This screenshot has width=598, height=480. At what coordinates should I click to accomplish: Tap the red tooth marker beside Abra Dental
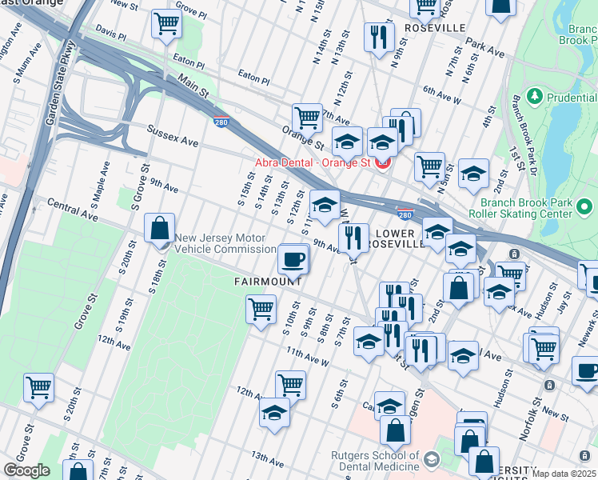tap(382, 162)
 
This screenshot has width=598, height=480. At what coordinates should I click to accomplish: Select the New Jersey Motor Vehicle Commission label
tap(225, 243)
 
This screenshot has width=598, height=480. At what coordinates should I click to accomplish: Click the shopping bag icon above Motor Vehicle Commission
tap(160, 227)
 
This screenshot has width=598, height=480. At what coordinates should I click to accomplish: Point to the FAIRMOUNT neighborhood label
tap(268, 282)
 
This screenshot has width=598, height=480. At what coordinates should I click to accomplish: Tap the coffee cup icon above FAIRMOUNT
tap(293, 259)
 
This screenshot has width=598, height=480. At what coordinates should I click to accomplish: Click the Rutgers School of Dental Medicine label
tap(376, 461)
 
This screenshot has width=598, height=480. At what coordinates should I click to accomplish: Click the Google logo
tap(26, 470)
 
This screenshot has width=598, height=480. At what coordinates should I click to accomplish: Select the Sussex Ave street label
tap(172, 135)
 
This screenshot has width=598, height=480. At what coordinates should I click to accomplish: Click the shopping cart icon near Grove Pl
tap(166, 24)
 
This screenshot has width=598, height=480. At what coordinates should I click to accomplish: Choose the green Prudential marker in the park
tap(534, 97)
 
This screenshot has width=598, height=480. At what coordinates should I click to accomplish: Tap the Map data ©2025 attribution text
tap(564, 474)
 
